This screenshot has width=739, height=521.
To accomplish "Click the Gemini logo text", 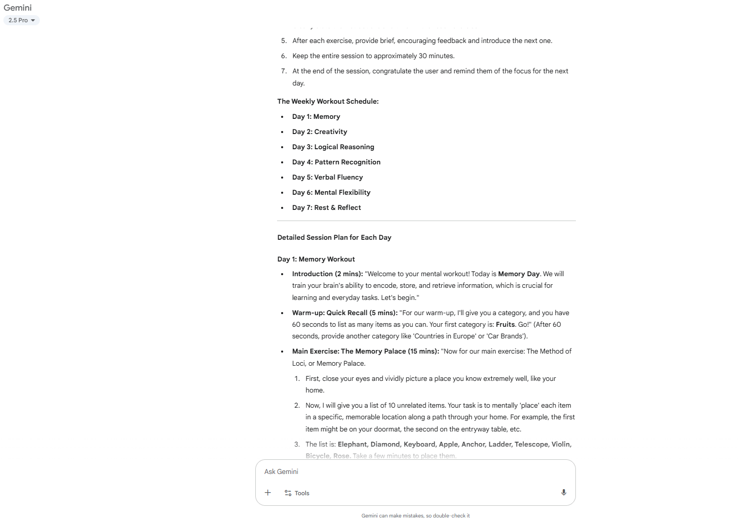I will [x=18, y=8].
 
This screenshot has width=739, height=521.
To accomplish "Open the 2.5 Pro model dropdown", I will [x=21, y=20].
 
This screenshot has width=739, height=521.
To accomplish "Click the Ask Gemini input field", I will [x=405, y=471].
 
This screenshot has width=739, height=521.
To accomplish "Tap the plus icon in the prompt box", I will [x=268, y=493].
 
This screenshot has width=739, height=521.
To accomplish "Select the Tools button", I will [x=297, y=493].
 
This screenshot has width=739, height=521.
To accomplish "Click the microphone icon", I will [x=564, y=493].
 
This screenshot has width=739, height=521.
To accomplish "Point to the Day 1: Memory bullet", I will [x=316, y=116].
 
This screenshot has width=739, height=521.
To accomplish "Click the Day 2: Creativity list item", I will [x=320, y=132].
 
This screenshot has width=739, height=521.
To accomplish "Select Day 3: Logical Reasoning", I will [x=333, y=147].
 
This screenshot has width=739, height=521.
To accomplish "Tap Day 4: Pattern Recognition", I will [x=336, y=162].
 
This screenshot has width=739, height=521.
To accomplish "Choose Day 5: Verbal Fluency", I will [x=327, y=177].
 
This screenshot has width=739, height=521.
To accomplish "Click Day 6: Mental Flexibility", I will [x=331, y=192].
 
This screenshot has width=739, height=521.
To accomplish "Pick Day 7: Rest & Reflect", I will [x=326, y=207].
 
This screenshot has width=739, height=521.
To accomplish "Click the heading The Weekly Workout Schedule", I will [x=328, y=101].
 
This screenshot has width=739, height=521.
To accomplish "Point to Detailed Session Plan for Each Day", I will [x=334, y=237].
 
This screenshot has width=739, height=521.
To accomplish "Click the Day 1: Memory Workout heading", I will [x=316, y=259].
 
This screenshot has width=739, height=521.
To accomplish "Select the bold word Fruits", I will [x=505, y=324].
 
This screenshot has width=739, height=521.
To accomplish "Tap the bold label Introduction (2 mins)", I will [x=327, y=274].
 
